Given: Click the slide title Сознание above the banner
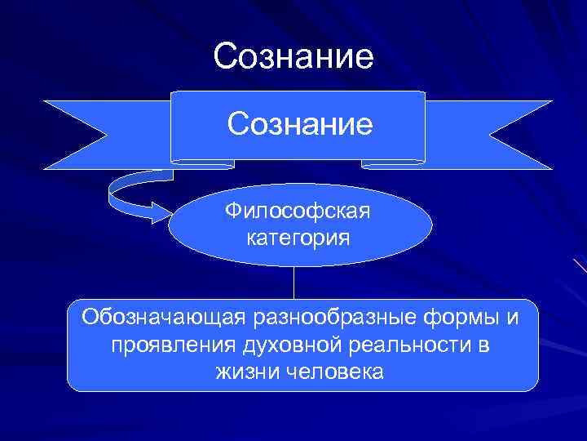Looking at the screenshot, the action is click(x=293, y=57).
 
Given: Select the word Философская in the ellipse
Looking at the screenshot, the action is click(x=298, y=213).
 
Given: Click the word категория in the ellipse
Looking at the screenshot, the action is click(x=298, y=238).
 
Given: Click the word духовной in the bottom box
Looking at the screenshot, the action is click(x=291, y=345).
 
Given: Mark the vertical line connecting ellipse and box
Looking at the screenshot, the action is click(x=294, y=283).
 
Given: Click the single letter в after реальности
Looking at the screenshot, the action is click(x=483, y=345).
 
